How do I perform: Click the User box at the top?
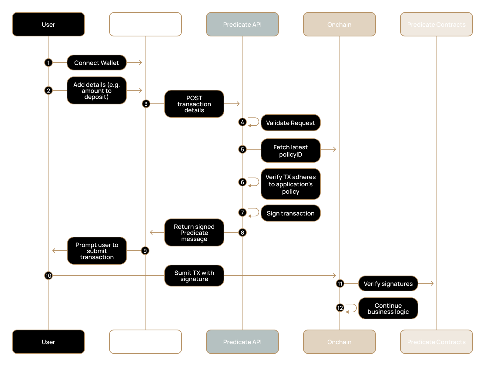pyautogui.click(x=48, y=24)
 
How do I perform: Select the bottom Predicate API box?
pyautogui.click(x=242, y=342)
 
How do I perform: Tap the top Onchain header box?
pyautogui.click(x=339, y=24)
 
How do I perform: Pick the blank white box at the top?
pyautogui.click(x=145, y=24)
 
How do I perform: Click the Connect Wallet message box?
pyautogui.click(x=96, y=63)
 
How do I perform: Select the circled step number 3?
pyautogui.click(x=146, y=104)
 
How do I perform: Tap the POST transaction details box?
pyautogui.click(x=194, y=104)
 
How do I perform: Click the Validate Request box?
pyautogui.click(x=290, y=123)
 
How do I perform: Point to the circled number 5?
pyautogui.click(x=242, y=149)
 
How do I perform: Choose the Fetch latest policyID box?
pyautogui.click(x=290, y=151)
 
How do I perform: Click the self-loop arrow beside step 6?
pyautogui.click(x=254, y=182)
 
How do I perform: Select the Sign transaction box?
pyautogui.click(x=290, y=213)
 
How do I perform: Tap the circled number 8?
pyautogui.click(x=242, y=232)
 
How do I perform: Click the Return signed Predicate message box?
pyautogui.click(x=194, y=232)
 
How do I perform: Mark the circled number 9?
pyautogui.click(x=145, y=251)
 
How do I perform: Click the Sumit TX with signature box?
pyautogui.click(x=194, y=276)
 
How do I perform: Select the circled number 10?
pyautogui.click(x=48, y=276)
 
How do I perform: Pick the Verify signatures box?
pyautogui.click(x=388, y=283)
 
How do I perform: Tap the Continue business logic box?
pyautogui.click(x=388, y=308)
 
